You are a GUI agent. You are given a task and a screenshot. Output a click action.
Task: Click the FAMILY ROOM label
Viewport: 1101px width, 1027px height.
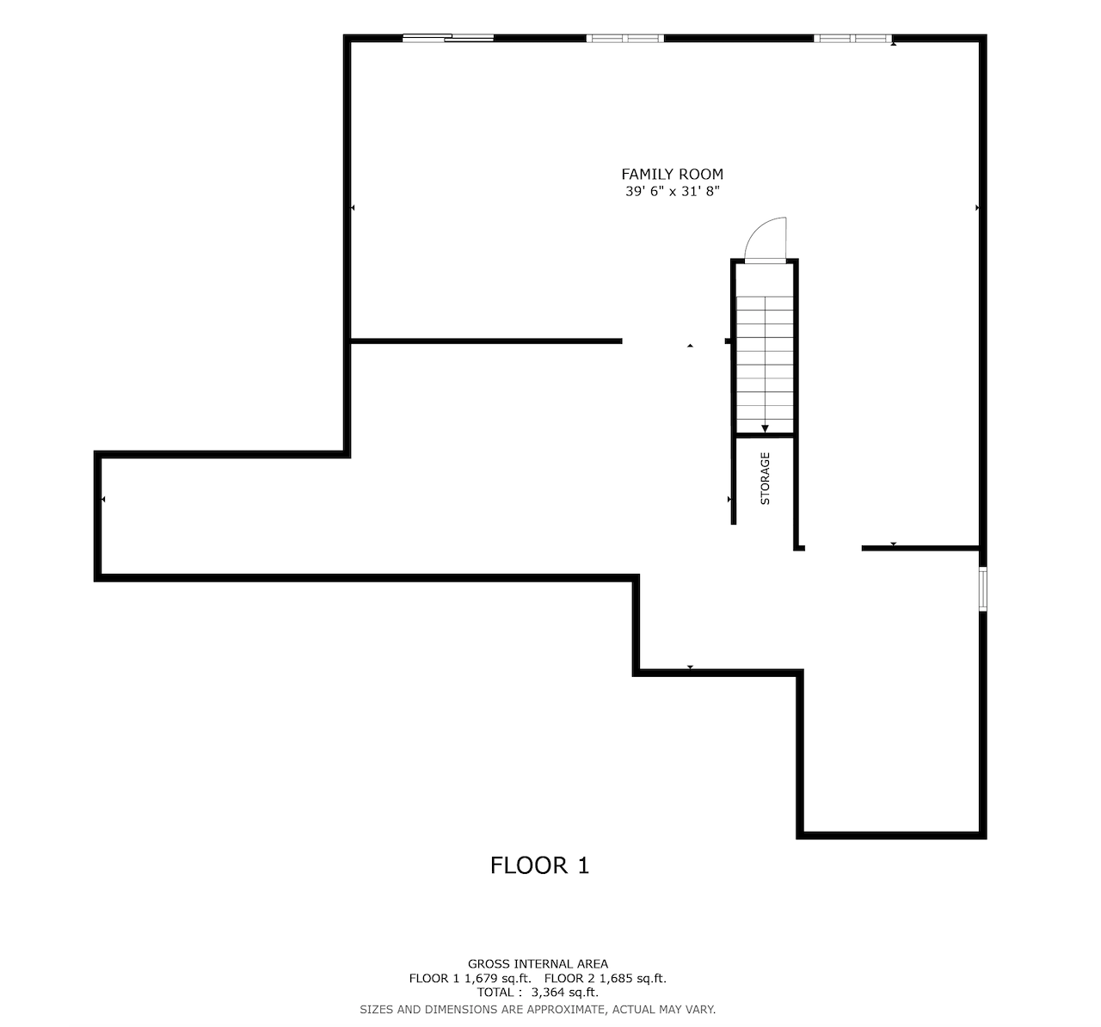coord(672,175)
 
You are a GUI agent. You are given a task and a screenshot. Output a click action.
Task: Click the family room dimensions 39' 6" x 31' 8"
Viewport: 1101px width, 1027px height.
coord(672,192)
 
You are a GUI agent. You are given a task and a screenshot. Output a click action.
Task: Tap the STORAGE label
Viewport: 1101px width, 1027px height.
coord(765,478)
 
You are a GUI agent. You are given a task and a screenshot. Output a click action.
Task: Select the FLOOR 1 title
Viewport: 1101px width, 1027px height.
coord(539,865)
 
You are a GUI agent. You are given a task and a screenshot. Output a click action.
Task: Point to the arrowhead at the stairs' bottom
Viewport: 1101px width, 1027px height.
coord(765,428)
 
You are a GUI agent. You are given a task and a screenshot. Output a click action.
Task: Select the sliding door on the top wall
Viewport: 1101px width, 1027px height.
coord(448,38)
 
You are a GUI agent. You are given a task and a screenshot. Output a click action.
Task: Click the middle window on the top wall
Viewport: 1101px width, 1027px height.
coord(625,38)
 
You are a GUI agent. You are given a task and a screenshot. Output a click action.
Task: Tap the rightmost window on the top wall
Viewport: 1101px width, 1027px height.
coord(852,38)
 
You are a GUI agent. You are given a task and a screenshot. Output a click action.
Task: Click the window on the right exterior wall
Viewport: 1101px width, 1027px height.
coord(983,589)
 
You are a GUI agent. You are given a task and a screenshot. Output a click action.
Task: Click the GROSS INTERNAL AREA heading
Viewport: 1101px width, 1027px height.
coord(538,964)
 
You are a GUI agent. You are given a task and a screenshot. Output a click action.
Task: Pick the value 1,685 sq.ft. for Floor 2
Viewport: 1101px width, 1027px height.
coord(632,978)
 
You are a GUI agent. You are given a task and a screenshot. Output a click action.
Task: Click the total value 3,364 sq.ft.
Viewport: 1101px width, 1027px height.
coord(565,992)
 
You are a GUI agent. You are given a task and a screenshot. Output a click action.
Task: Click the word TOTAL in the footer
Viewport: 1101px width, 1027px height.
coord(497,992)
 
